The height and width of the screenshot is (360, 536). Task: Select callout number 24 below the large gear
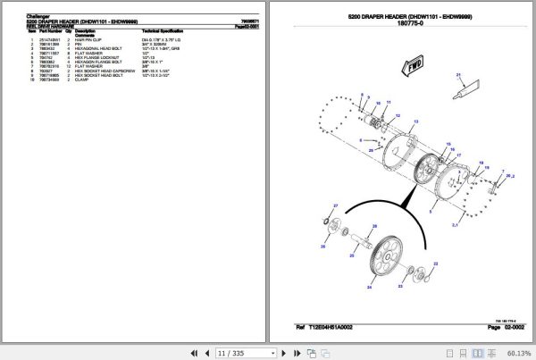(369, 288)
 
